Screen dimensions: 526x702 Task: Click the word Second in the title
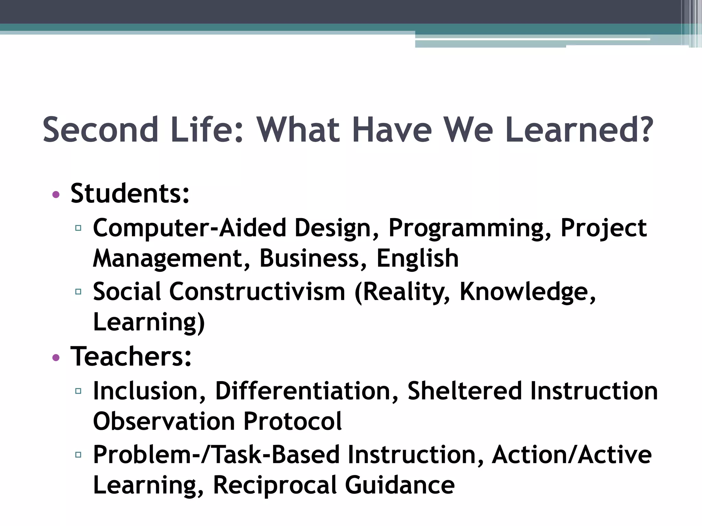100,130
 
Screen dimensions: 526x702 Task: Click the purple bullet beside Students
56,195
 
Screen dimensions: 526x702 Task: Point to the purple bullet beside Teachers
56,358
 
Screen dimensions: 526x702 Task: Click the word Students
130,193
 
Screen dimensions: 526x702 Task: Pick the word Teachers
131,356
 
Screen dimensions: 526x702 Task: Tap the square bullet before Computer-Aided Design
78,228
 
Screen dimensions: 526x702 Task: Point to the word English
417,259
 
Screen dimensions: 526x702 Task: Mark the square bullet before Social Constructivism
78,292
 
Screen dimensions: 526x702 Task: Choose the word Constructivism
257,292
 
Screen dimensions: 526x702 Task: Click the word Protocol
292,421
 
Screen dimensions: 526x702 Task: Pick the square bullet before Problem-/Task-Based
78,455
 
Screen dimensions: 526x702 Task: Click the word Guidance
400,485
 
